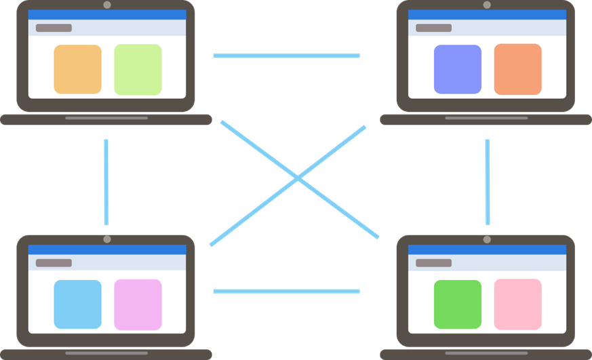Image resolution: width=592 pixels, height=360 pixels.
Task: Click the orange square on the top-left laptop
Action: click(x=77, y=69)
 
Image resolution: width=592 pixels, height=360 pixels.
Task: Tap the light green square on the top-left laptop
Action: click(x=138, y=69)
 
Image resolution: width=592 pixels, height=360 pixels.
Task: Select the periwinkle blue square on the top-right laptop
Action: click(x=457, y=69)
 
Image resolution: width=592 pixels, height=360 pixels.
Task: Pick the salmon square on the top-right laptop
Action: click(x=517, y=69)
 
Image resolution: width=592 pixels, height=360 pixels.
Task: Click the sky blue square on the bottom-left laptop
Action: click(x=77, y=304)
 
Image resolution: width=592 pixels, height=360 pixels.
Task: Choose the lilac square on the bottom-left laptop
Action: click(x=138, y=304)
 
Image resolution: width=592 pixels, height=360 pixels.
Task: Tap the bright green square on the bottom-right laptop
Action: click(x=457, y=304)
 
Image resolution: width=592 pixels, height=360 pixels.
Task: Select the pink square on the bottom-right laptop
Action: click(x=517, y=304)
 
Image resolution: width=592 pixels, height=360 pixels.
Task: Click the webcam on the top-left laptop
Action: click(x=106, y=5)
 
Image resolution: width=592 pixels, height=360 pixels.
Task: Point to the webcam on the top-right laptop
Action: click(x=486, y=5)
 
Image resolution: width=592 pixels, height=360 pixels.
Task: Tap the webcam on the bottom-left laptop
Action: click(x=106, y=239)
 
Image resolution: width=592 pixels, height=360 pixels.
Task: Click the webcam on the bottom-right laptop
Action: click(x=486, y=239)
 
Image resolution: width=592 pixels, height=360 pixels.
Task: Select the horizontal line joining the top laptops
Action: click(x=286, y=56)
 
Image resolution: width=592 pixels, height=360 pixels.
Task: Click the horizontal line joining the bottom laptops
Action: click(x=286, y=291)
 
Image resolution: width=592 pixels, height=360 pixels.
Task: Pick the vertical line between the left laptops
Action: click(x=106, y=182)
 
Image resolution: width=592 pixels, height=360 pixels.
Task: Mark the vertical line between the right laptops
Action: click(x=487, y=182)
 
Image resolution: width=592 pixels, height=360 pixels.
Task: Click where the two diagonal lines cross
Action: click(x=296, y=178)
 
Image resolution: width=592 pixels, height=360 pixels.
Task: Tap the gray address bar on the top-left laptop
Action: click(x=54, y=28)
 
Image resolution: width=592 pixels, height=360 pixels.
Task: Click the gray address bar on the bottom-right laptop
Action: click(x=433, y=263)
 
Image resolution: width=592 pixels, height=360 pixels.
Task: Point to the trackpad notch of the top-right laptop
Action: click(x=486, y=118)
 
